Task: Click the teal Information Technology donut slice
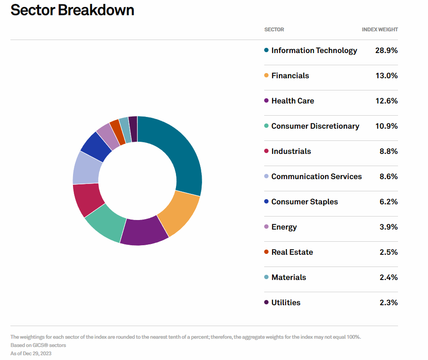(180, 153)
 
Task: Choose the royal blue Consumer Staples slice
(96, 146)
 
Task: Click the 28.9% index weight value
(386, 50)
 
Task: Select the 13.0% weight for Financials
(387, 76)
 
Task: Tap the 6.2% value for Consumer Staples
(388, 202)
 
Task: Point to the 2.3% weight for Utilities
(388, 303)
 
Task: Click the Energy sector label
(284, 227)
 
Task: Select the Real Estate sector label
(292, 252)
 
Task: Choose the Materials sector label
(289, 277)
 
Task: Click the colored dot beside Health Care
(266, 100)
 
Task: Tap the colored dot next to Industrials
(266, 151)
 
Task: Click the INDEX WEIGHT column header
(380, 30)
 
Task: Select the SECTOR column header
(274, 30)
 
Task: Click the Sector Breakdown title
(72, 10)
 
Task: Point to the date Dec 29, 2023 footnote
(37, 353)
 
